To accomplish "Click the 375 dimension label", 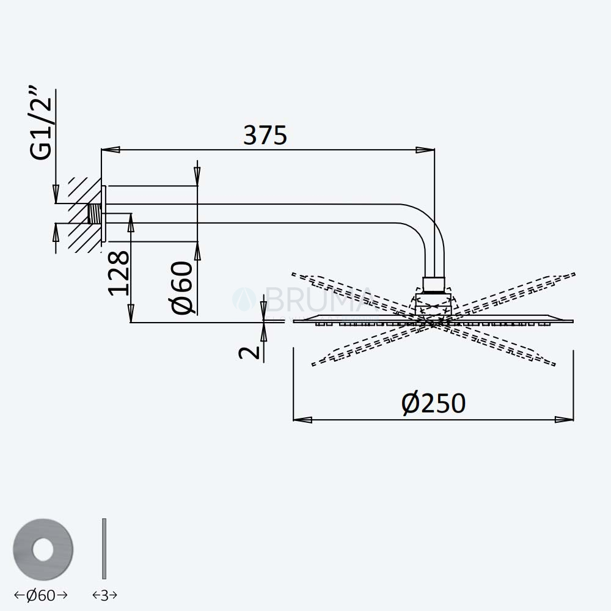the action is click(x=265, y=135).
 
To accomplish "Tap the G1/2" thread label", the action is click(x=41, y=124).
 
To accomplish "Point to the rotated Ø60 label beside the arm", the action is click(x=182, y=288).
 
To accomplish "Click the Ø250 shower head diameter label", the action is click(x=433, y=403).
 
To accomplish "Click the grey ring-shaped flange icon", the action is click(x=43, y=549).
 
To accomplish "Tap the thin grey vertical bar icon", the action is click(x=104, y=549).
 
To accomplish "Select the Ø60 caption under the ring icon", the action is click(x=41, y=595).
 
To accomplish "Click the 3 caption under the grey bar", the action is click(x=104, y=595).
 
